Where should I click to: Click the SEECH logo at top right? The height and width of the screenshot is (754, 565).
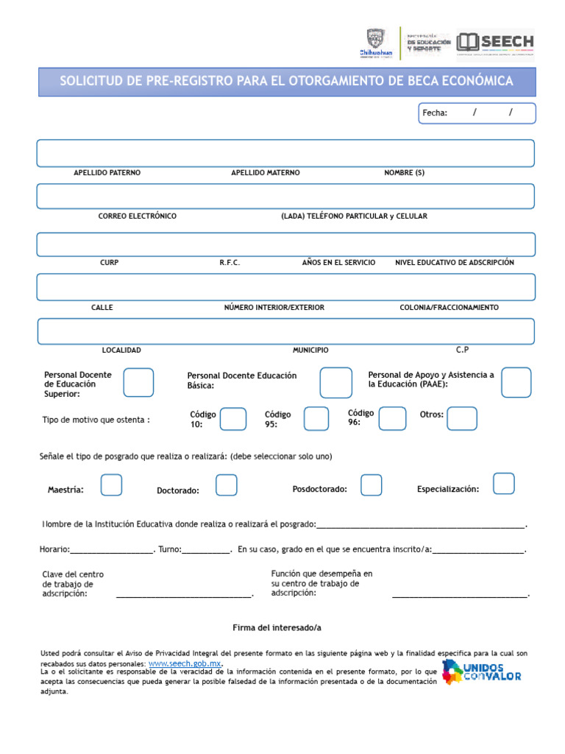(495, 42)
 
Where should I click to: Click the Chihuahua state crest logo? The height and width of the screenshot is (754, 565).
(375, 43)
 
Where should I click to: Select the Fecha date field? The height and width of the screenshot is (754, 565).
(477, 113)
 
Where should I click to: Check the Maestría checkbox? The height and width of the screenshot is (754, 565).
(111, 485)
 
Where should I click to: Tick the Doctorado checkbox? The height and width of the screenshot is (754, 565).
(227, 485)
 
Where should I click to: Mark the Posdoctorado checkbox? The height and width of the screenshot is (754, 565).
(371, 485)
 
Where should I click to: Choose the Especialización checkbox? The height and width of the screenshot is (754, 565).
(504, 484)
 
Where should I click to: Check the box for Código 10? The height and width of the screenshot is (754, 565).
(233, 418)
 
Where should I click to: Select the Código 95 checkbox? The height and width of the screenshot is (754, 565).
(316, 418)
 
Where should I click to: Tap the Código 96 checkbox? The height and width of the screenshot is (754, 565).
(392, 418)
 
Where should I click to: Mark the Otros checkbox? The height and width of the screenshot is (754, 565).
(462, 418)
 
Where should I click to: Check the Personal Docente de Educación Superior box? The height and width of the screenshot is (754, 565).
(138, 383)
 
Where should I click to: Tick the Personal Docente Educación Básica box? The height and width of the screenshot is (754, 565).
(335, 383)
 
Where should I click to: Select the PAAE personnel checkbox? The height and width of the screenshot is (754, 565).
(516, 382)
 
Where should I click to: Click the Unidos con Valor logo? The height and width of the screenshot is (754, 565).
(482, 672)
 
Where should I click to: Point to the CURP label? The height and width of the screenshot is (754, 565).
(109, 263)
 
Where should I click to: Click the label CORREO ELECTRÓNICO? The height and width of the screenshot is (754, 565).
(138, 216)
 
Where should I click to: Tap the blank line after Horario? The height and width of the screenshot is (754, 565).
(111, 550)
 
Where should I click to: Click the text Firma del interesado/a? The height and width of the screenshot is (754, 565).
(277, 628)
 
